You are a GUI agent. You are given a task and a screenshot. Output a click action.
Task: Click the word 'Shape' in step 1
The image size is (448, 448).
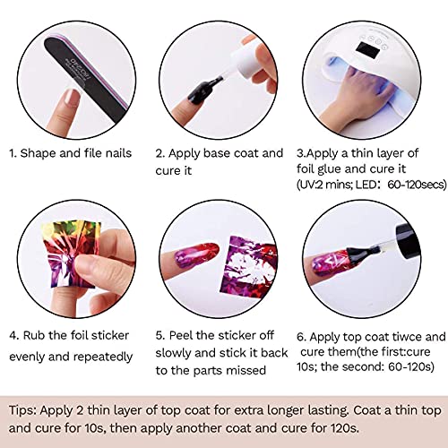[45, 153]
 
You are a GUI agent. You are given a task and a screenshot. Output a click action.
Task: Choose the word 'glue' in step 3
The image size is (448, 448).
[339, 169]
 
